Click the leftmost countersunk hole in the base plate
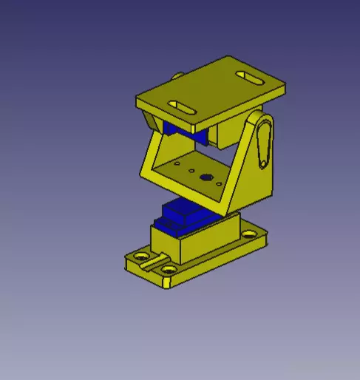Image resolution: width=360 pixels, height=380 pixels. [138, 257]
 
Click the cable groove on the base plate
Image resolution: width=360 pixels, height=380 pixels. [153, 259]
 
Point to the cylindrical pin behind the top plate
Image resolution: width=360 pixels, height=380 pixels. [179, 75]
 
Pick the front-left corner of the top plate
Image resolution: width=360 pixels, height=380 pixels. [140, 100]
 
